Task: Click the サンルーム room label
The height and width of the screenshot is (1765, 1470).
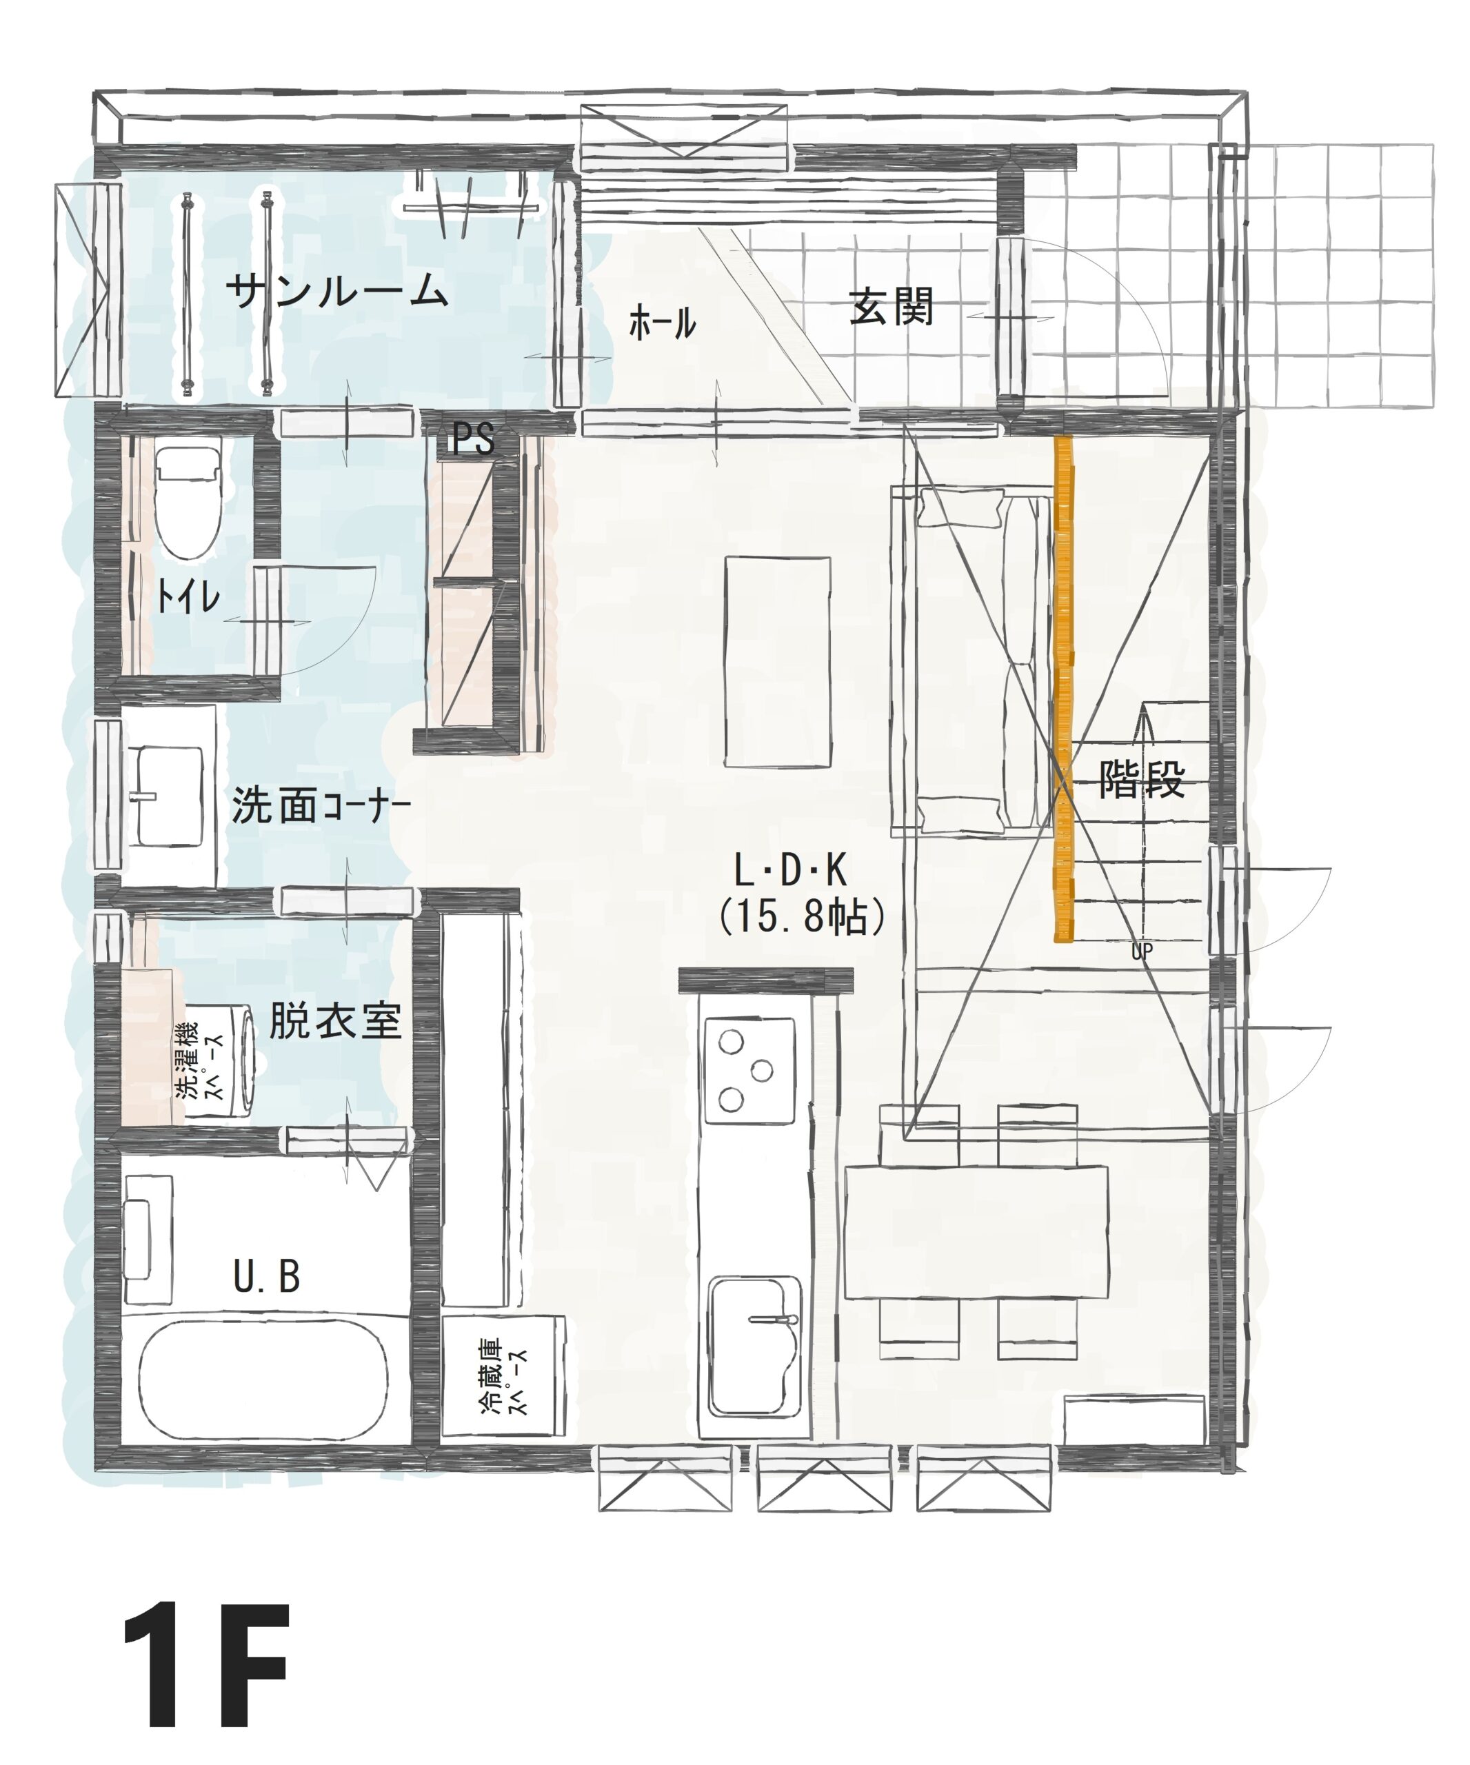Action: pyautogui.click(x=336, y=291)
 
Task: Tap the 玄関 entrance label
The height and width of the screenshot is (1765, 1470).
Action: pyautogui.click(x=891, y=307)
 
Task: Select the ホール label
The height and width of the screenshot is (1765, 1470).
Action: pyautogui.click(x=663, y=323)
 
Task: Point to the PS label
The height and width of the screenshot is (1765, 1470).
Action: pyautogui.click(x=472, y=438)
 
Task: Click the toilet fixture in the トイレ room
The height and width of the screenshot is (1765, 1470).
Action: pyautogui.click(x=188, y=502)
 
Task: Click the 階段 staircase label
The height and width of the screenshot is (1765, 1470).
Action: pyautogui.click(x=1141, y=779)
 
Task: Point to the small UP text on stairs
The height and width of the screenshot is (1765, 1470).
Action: pyautogui.click(x=1140, y=951)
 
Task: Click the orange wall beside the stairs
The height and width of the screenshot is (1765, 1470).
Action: pyautogui.click(x=1064, y=689)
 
